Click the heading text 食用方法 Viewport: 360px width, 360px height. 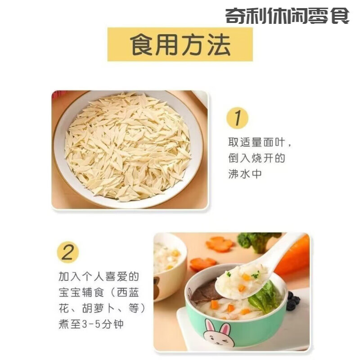click(180, 44)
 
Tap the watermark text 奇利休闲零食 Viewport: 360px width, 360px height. click(287, 16)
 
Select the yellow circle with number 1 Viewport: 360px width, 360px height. click(237, 118)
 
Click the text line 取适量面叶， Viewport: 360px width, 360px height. click(260, 144)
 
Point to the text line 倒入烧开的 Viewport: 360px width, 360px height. click(256, 159)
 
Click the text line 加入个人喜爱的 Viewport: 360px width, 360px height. click(99, 276)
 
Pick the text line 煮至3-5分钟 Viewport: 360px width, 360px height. click(91, 324)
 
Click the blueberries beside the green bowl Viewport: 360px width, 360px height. click(293, 301)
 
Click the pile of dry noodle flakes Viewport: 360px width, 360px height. click(128, 146)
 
